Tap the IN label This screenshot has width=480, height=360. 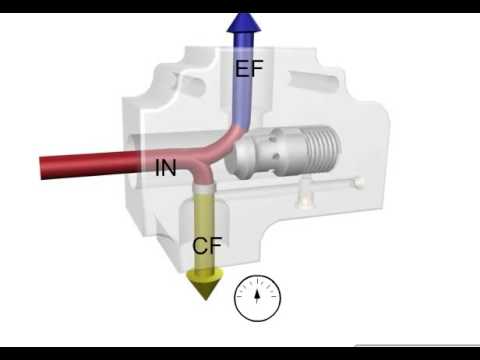pos(166,167)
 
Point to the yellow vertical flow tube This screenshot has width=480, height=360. pos(206,225)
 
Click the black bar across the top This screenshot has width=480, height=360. pos(240,6)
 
